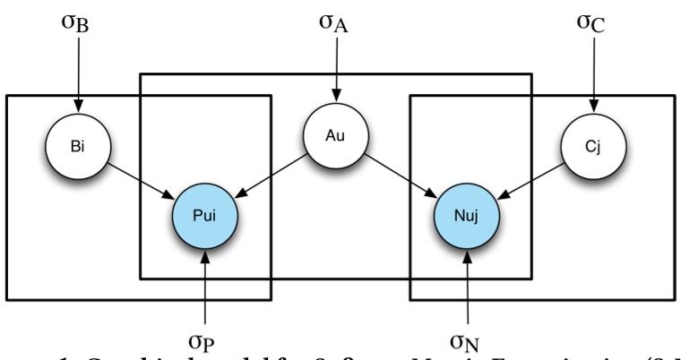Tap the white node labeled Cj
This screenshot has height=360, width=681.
point(594,142)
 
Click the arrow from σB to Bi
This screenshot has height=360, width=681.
point(77,72)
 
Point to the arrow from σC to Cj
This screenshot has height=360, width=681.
point(593,72)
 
